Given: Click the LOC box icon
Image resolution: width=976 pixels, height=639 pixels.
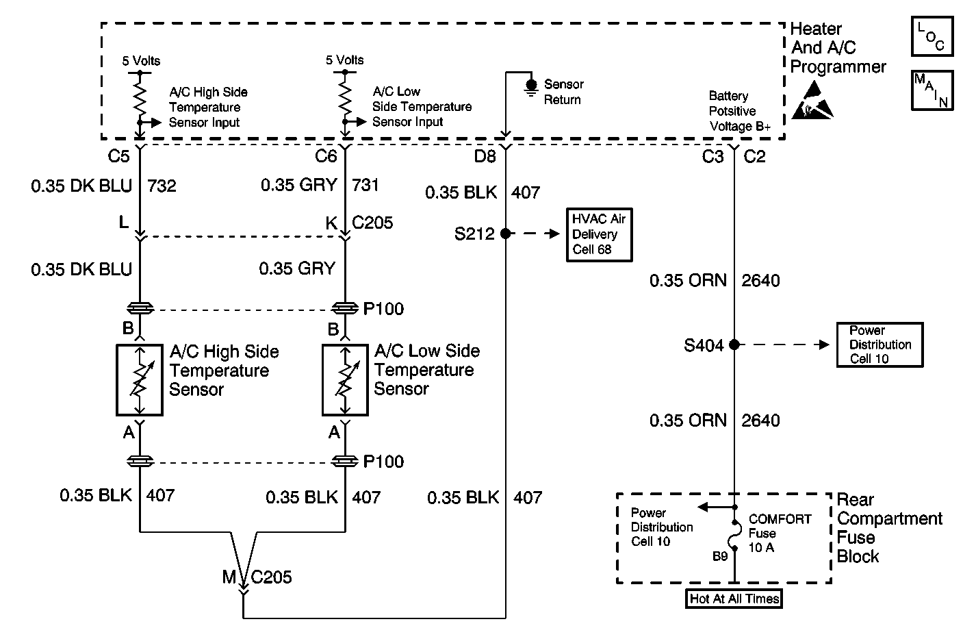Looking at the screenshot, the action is click(x=932, y=36).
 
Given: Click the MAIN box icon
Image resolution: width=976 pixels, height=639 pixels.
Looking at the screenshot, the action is click(x=932, y=90).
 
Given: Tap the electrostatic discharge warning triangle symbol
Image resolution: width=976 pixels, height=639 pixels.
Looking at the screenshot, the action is click(x=812, y=101).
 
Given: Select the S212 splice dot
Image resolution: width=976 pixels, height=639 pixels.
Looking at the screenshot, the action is click(x=505, y=234).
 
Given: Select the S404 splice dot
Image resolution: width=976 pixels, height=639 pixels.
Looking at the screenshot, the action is click(x=734, y=344).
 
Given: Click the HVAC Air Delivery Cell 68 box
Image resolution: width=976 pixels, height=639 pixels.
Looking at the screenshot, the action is click(x=599, y=235).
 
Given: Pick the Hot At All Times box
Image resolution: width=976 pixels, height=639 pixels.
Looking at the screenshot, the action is click(x=734, y=599).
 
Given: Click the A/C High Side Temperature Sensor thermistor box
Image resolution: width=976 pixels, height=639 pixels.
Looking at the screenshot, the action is click(x=140, y=380).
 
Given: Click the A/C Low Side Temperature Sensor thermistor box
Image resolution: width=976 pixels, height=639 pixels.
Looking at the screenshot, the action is click(x=345, y=380).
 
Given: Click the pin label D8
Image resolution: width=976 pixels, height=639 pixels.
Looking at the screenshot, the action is click(x=485, y=155).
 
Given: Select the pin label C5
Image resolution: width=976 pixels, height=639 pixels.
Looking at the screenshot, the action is click(x=118, y=155).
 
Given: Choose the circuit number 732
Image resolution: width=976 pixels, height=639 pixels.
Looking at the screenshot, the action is click(x=162, y=186).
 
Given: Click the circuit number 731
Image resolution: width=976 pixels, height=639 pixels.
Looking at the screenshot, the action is click(x=365, y=185).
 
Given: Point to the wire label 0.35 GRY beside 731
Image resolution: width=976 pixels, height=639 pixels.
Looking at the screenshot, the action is click(x=299, y=185).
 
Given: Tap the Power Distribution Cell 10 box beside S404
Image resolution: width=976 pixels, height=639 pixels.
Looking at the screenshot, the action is click(x=879, y=344).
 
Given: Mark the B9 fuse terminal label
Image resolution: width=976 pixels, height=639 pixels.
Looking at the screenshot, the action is click(x=720, y=556).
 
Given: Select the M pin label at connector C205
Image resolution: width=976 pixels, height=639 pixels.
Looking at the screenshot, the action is click(x=229, y=577).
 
